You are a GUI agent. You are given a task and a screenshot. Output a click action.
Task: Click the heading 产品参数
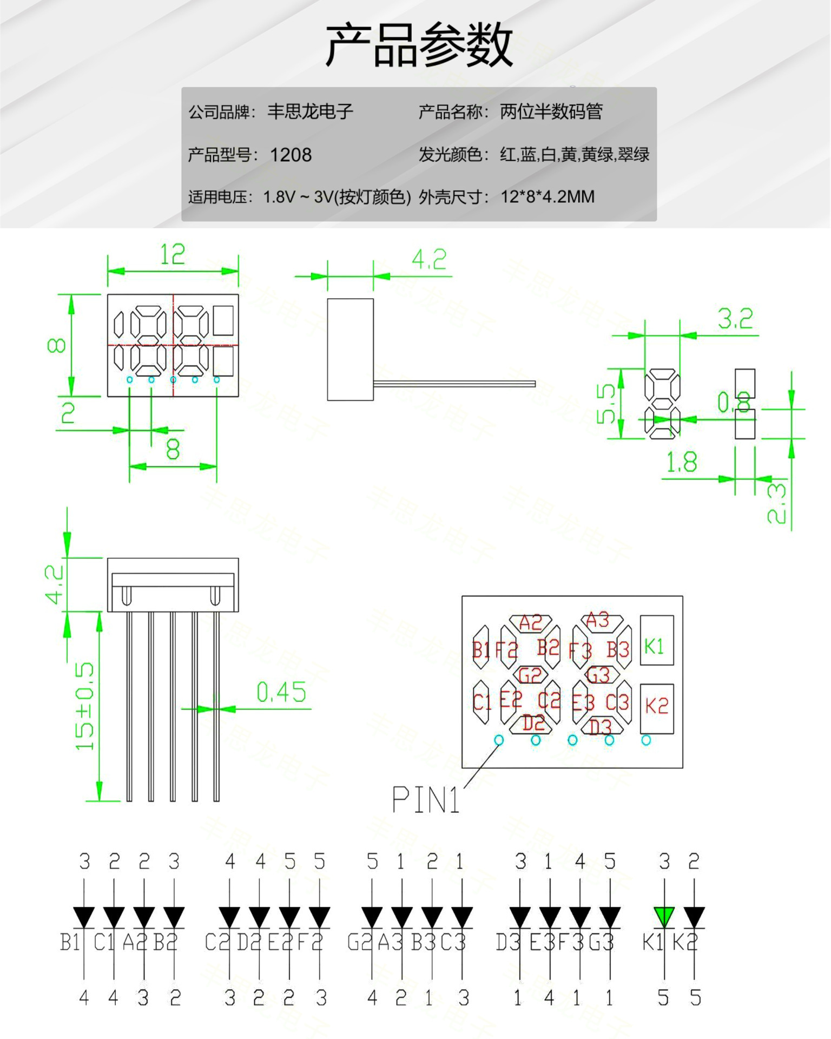(419, 45)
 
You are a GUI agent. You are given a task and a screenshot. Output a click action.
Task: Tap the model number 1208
(291, 155)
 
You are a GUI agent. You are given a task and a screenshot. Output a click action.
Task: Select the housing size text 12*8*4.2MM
(547, 197)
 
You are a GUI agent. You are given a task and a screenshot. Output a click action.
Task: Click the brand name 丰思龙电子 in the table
(310, 112)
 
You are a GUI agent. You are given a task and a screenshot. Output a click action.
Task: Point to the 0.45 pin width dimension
(281, 692)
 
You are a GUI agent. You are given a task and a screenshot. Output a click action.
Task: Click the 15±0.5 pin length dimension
(84, 706)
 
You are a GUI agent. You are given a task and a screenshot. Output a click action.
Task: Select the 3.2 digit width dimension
(735, 319)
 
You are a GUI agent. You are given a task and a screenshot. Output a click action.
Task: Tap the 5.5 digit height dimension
(606, 403)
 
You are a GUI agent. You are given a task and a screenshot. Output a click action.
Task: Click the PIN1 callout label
(425, 800)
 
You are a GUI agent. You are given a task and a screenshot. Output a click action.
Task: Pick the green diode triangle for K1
(664, 917)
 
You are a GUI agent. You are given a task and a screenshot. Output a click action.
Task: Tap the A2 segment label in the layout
(530, 623)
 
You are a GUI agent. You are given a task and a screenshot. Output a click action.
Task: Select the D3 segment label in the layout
(599, 727)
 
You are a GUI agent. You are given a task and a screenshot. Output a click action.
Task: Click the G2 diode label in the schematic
(360, 942)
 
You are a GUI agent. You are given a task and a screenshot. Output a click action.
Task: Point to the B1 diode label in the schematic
(70, 942)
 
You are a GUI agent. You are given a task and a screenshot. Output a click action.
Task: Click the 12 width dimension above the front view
(173, 254)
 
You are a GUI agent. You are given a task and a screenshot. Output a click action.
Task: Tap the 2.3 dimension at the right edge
(777, 503)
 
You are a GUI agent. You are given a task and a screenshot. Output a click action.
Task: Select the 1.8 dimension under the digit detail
(681, 463)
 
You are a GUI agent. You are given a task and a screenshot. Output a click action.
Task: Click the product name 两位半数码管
(551, 112)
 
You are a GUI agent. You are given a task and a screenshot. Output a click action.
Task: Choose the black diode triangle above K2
(694, 917)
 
